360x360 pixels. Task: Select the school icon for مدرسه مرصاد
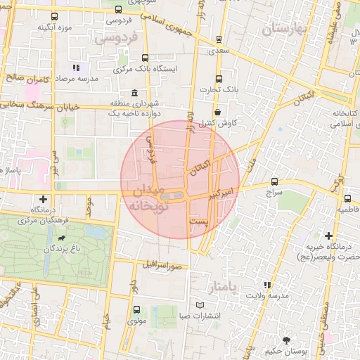click(x=75, y=68)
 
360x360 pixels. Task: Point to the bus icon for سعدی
click(x=219, y=39)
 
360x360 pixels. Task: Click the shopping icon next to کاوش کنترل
click(x=217, y=111)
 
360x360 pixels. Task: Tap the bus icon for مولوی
click(x=136, y=309)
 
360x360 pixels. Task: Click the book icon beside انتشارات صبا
click(x=202, y=304)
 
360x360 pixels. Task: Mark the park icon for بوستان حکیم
click(x=285, y=340)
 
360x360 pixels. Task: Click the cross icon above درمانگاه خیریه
click(x=328, y=236)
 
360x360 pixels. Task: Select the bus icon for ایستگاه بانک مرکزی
click(x=146, y=58)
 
